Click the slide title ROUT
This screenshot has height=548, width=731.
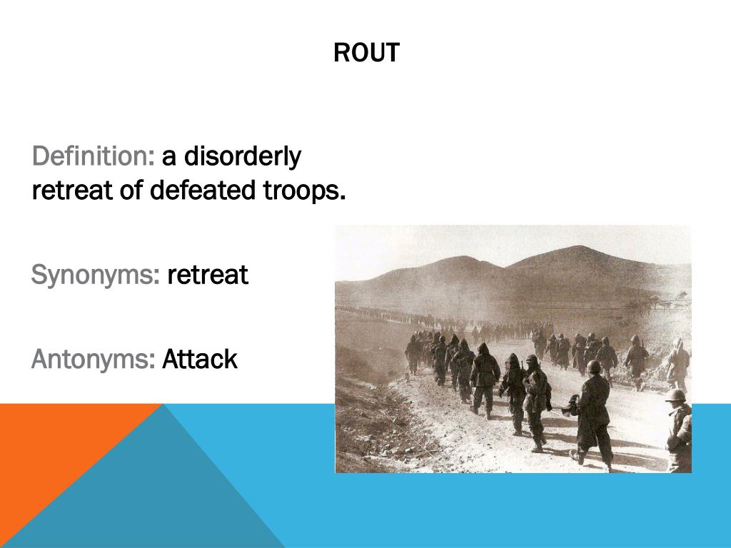[366, 54]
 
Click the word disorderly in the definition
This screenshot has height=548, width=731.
[242, 156]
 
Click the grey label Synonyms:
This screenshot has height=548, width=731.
[96, 275]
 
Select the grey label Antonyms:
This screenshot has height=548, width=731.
[94, 360]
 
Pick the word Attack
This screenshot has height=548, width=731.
[200, 360]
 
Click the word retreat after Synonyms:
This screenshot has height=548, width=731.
[208, 275]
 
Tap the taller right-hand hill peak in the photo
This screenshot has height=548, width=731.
[578, 250]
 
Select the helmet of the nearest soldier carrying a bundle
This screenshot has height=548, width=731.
[593, 367]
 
